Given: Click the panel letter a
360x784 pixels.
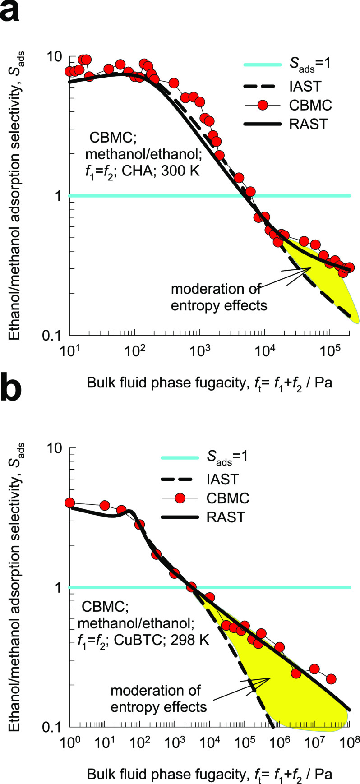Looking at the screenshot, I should click(10, 13).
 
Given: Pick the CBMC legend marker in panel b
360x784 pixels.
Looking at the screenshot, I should click(180, 498).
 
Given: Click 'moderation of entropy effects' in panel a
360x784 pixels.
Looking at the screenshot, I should click(219, 297).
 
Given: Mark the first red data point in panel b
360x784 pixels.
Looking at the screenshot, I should click(69, 503).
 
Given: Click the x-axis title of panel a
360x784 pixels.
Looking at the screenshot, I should click(209, 383).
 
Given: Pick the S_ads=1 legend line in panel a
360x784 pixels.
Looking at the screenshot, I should click(263, 65).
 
